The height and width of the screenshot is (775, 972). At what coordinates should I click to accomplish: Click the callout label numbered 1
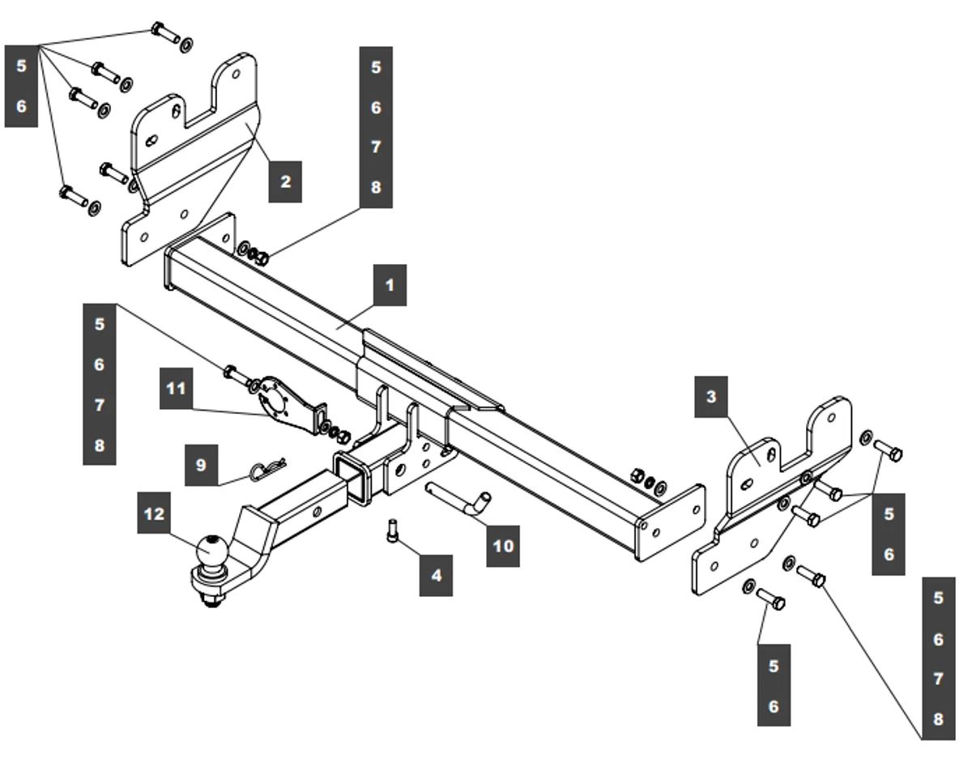coord(390,286)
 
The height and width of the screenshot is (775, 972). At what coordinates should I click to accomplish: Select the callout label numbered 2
coord(285,181)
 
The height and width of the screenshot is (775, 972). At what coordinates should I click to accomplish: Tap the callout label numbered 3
coord(711,397)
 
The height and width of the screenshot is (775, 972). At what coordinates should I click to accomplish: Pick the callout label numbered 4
coord(436,576)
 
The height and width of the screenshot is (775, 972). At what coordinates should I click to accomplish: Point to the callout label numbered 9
coord(201,465)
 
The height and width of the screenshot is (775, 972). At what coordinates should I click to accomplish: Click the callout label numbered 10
coord(503,546)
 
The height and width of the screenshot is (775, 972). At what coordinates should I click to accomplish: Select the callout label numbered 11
coord(176,389)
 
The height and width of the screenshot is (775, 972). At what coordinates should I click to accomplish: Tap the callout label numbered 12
coord(152,513)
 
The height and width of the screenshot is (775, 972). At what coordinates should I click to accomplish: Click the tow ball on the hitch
coord(211,551)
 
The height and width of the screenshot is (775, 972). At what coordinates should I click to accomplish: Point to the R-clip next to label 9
coord(267,470)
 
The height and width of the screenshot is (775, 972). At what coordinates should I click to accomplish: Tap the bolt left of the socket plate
coord(233,373)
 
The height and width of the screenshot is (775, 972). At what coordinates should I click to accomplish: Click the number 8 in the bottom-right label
coord(938,719)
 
